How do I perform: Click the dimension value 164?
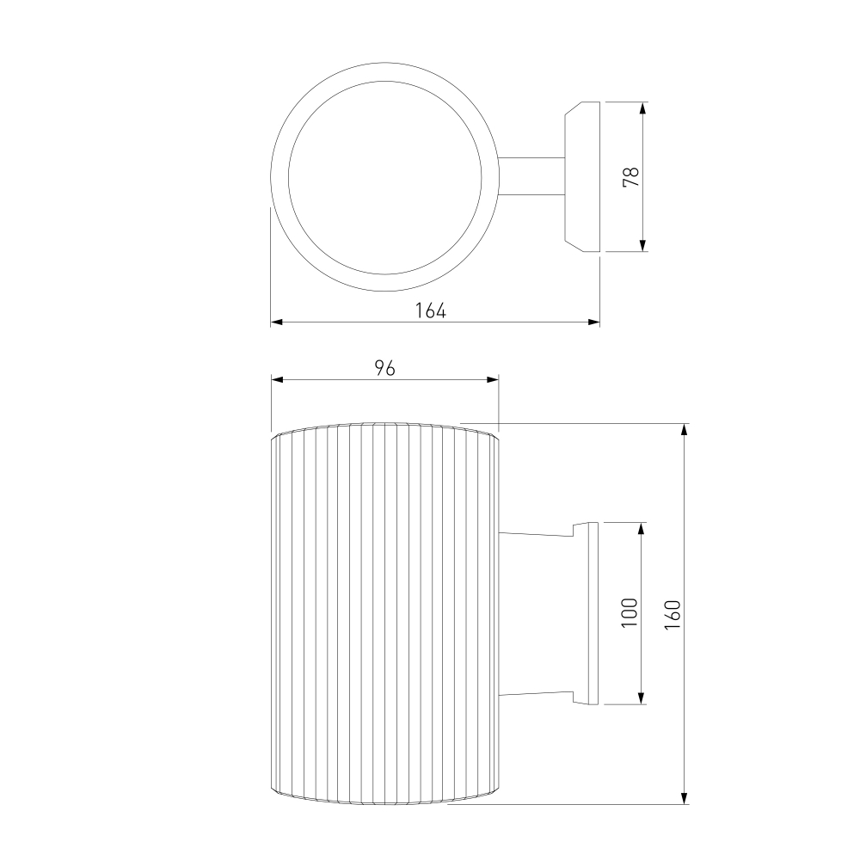click(x=430, y=310)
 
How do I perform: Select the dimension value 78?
click(x=631, y=176)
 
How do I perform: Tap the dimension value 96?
click(x=384, y=368)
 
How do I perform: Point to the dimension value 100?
click(x=630, y=612)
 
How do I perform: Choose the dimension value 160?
click(x=673, y=614)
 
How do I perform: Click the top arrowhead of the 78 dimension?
click(x=642, y=107)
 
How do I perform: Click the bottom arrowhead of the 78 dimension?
click(x=642, y=246)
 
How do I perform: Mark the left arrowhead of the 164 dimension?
click(x=277, y=322)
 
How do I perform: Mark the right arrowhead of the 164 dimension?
click(x=593, y=322)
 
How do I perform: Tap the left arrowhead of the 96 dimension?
click(x=278, y=379)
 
